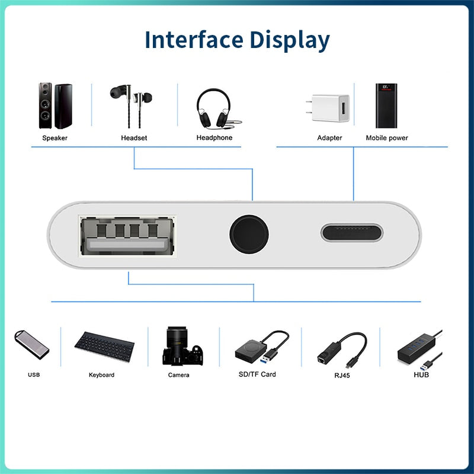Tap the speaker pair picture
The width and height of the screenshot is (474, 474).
[x=55, y=106]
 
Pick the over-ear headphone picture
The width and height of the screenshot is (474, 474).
[x=214, y=108]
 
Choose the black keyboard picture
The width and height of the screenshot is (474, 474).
[x=104, y=345]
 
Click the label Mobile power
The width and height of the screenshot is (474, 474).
[x=386, y=138]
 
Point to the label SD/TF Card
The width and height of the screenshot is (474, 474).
[x=257, y=374]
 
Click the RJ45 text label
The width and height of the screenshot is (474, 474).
[x=342, y=375]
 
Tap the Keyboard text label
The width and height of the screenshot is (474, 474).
[x=101, y=375]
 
